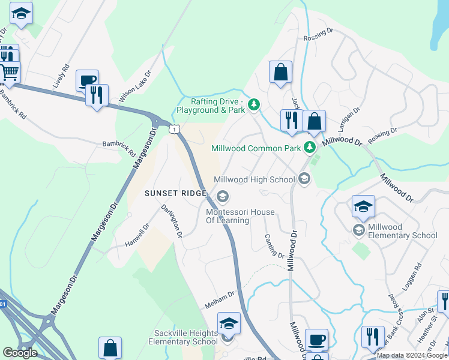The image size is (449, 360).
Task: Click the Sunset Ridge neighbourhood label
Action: (175, 193)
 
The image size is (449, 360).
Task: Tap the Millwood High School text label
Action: (255, 179)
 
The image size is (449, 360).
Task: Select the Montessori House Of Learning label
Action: (236, 216)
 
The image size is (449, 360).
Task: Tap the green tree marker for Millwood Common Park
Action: (310, 147)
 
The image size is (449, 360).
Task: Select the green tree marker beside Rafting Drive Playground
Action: (255, 106)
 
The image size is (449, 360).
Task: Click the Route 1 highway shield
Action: (173, 129)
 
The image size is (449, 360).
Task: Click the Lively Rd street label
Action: (61, 76)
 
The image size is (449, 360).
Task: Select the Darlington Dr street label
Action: (171, 221)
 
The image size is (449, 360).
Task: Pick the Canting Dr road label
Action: (274, 246)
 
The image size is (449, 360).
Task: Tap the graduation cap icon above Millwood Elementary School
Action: (363, 206)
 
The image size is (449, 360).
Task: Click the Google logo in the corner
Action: (20, 352)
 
